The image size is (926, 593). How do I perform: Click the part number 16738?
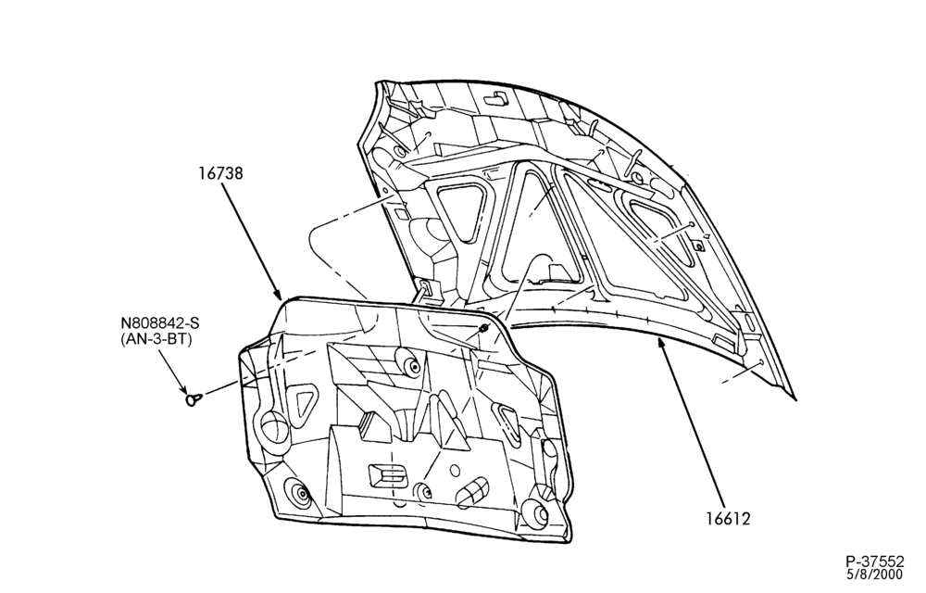[220, 173]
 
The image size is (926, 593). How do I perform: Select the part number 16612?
[728, 519]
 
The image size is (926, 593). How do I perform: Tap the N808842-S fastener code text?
[160, 323]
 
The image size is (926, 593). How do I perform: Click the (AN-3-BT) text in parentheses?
[156, 340]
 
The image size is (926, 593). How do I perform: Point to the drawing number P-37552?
[875, 561]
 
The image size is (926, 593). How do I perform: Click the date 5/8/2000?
[875, 574]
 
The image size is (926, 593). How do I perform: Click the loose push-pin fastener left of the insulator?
[194, 399]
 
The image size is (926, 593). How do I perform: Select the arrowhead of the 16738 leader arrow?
[279, 293]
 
